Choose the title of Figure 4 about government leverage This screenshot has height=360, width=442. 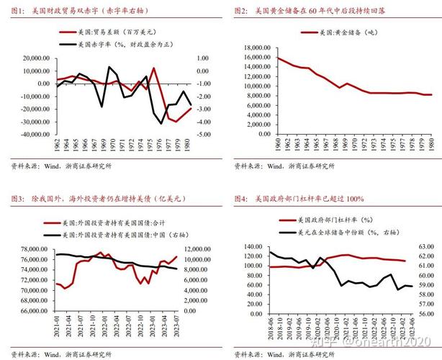pos(299,197)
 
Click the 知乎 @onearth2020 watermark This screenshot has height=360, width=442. pos(374,343)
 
